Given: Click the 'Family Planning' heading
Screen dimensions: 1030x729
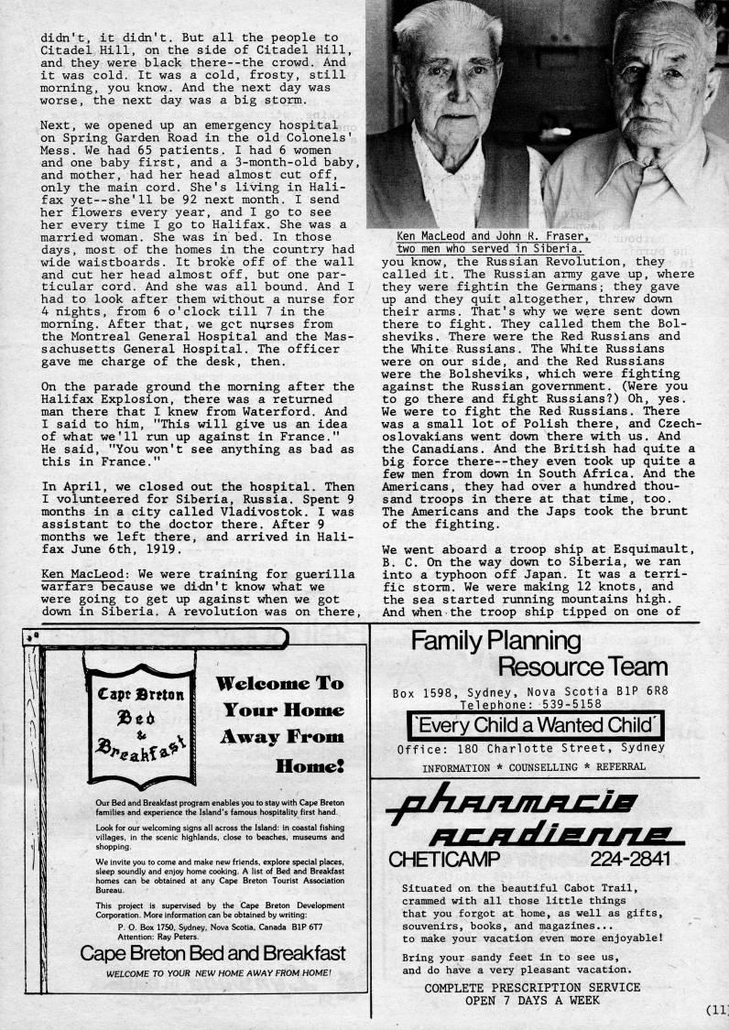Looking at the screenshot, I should (495, 641).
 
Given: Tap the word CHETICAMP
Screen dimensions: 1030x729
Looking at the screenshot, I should (444, 860).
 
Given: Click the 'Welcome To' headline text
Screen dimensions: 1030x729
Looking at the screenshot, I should (280, 683).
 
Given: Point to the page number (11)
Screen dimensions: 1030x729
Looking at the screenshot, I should (715, 1011).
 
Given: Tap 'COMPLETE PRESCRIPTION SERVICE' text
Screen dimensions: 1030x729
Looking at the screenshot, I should (531, 987).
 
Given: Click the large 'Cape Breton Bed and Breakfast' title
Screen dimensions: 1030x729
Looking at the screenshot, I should (212, 953).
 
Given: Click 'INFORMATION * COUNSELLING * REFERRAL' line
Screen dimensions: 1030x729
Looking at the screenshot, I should (533, 766).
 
